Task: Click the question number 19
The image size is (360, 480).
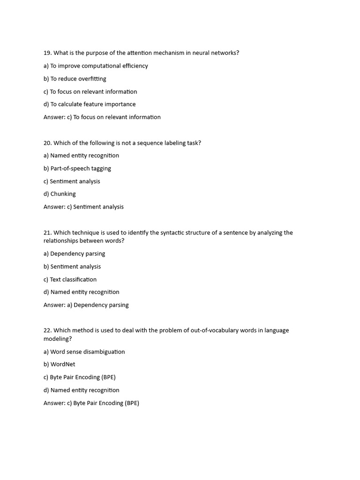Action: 47,53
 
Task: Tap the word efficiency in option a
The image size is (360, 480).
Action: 134,66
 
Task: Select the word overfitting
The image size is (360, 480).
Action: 92,79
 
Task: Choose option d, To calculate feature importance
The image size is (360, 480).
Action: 90,104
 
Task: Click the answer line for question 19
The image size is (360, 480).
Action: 102,117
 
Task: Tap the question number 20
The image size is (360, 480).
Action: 47,142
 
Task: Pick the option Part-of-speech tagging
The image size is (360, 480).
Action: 77,168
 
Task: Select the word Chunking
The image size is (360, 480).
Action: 63,194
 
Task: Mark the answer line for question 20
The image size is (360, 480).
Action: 83,207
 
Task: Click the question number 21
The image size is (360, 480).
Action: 47,232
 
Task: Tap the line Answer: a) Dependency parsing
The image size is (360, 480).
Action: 86,305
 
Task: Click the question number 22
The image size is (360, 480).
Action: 47,330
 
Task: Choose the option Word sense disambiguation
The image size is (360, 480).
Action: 84,352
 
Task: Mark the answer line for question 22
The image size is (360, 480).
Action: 91,403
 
